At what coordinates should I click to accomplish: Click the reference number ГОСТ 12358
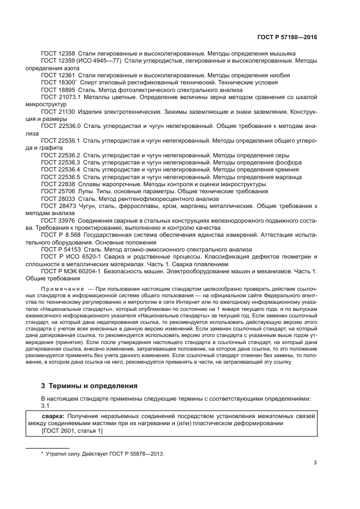[x=58, y=54]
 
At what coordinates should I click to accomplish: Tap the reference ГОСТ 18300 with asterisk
[x=59, y=82]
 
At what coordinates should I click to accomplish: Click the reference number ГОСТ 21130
[x=58, y=111]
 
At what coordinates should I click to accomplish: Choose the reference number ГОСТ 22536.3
[x=60, y=162]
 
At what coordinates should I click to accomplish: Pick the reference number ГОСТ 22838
[x=58, y=184]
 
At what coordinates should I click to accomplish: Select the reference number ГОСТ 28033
[x=58, y=199]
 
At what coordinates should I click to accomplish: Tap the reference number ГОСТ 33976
[x=58, y=220]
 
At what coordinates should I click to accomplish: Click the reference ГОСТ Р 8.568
[x=61, y=235]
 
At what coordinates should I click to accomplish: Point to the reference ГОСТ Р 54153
[x=60, y=249]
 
